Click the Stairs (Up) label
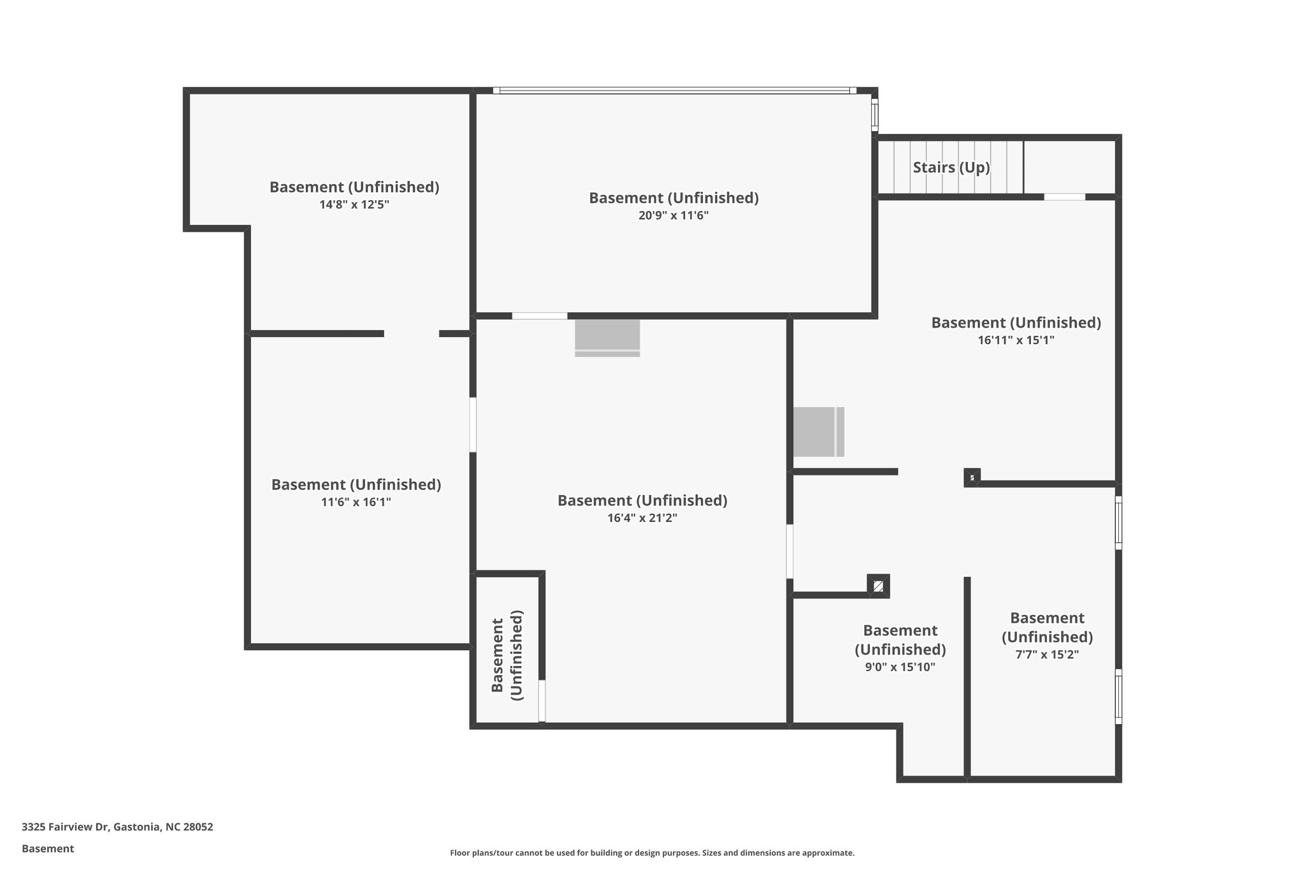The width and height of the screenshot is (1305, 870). pyautogui.click(x=951, y=168)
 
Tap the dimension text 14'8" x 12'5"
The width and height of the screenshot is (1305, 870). pyautogui.click(x=354, y=205)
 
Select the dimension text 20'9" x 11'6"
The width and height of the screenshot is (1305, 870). pyautogui.click(x=674, y=215)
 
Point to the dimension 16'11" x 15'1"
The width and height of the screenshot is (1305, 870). pyautogui.click(x=1016, y=340)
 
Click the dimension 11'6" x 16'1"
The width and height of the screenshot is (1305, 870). pyautogui.click(x=356, y=502)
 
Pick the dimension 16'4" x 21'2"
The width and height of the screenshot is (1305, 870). pyautogui.click(x=642, y=518)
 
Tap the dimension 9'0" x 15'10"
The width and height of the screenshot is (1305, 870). pyautogui.click(x=900, y=667)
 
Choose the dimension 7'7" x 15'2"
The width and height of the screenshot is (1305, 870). pyautogui.click(x=1046, y=655)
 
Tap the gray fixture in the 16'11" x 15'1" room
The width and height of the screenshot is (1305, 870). pyautogui.click(x=818, y=431)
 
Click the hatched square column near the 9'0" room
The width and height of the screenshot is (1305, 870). pyautogui.click(x=879, y=586)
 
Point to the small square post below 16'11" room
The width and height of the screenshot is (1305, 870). pyautogui.click(x=972, y=477)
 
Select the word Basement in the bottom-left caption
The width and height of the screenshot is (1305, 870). pyautogui.click(x=48, y=848)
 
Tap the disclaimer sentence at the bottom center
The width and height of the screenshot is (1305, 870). pyautogui.click(x=652, y=853)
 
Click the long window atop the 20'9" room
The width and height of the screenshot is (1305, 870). pyautogui.click(x=674, y=91)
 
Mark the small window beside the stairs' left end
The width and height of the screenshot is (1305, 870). pyautogui.click(x=875, y=115)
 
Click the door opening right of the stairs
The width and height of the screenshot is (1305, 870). pyautogui.click(x=1064, y=197)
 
